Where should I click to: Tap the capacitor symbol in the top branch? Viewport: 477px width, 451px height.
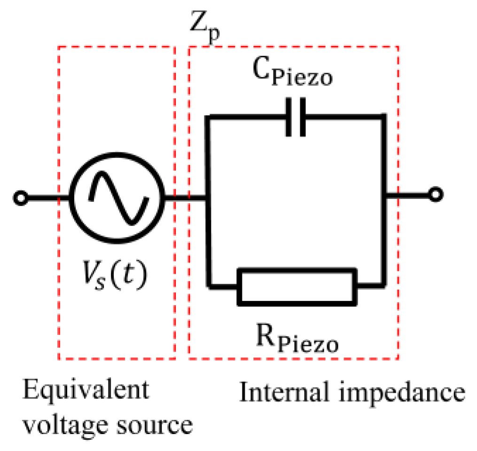[x=296, y=117]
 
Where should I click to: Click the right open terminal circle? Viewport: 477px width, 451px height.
[x=436, y=194]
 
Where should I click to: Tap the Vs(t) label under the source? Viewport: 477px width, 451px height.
[x=113, y=274]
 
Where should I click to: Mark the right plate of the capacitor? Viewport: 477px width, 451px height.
[x=303, y=117]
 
